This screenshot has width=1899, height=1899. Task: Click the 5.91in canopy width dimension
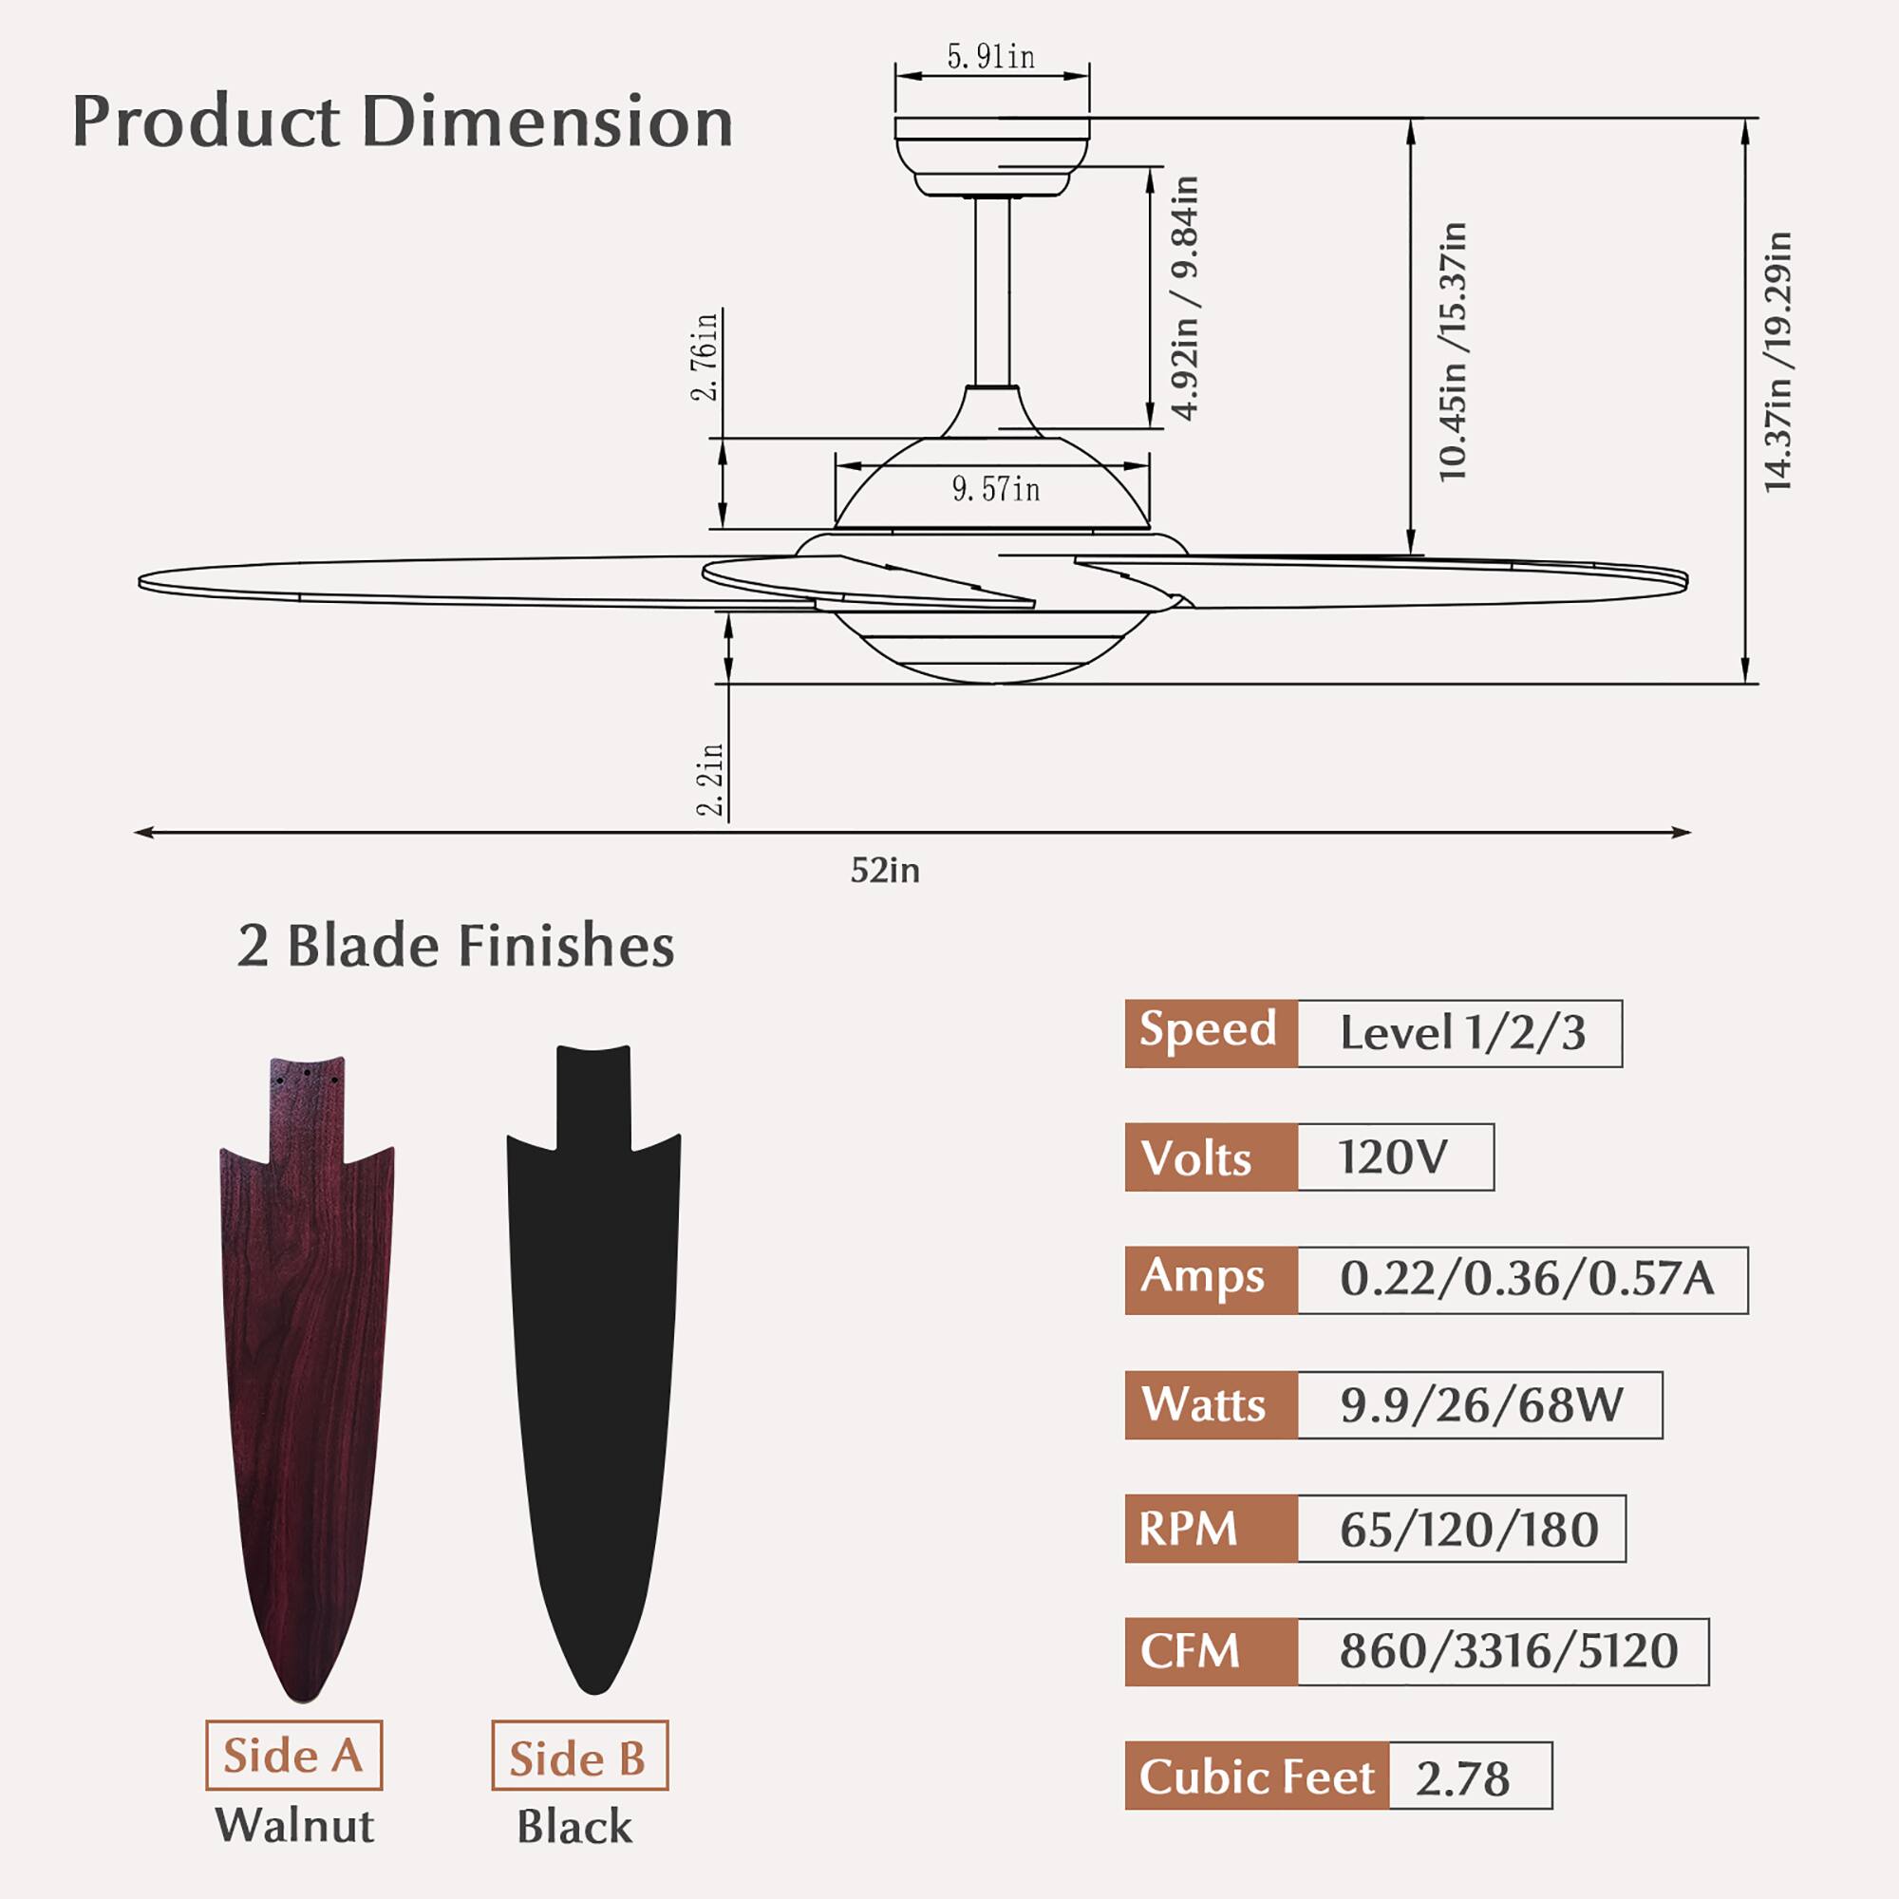coord(990,57)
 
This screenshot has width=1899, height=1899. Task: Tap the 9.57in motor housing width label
coord(995,488)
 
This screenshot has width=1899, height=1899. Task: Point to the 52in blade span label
coord(885,871)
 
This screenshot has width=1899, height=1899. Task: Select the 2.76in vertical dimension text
coord(705,355)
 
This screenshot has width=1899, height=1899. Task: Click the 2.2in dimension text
coord(709,780)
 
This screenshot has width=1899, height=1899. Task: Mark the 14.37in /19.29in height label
coord(1777,362)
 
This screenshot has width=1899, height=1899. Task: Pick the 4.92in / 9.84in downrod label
coord(1186,298)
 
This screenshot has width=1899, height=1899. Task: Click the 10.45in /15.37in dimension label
coord(1452,352)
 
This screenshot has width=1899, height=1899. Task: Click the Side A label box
coord(292,1756)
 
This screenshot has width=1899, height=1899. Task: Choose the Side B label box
coord(579,1756)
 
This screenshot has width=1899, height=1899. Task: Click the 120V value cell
coord(1394,1156)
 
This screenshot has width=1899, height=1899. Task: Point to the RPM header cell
coord(1210,1529)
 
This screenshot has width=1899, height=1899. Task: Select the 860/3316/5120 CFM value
coord(1508,1651)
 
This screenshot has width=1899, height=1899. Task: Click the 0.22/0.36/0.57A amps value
coord(1527,1279)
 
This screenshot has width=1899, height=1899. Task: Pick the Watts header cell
coord(1210,1404)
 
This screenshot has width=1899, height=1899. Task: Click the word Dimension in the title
coord(548,122)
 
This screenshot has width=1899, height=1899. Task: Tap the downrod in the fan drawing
coord(992,291)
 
